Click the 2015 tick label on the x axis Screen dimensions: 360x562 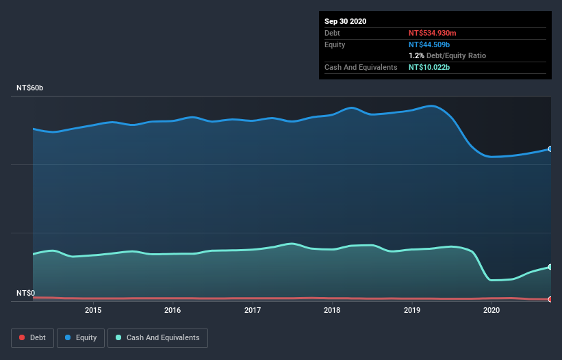(x=93, y=310)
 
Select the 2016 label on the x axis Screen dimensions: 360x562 (x=173, y=310)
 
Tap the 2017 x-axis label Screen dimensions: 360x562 (x=253, y=310)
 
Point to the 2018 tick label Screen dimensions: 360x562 (x=332, y=310)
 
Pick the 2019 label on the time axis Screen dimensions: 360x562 (x=412, y=310)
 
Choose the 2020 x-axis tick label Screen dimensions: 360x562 (x=491, y=310)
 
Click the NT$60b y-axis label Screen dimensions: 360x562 (x=31, y=88)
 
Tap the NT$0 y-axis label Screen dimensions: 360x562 (x=26, y=293)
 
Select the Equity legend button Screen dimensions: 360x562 (x=81, y=337)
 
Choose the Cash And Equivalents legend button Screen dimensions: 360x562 (x=157, y=337)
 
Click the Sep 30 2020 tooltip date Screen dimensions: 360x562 (x=346, y=21)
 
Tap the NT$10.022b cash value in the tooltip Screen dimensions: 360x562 (x=429, y=68)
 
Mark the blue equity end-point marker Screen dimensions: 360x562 (x=550, y=149)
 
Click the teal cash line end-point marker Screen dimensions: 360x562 (x=550, y=267)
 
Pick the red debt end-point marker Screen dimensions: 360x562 (x=550, y=299)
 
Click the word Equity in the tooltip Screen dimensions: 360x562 (x=335, y=44)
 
